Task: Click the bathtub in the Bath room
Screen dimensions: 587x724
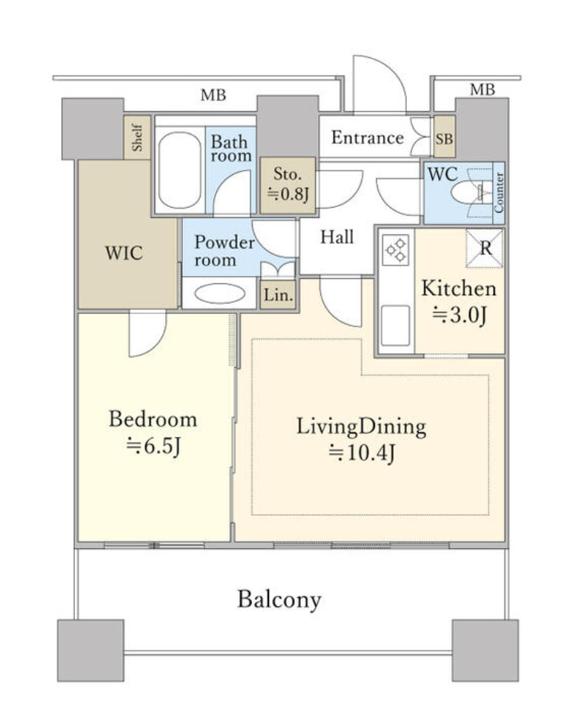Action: point(179,170)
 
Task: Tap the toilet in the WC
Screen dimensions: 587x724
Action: point(469,191)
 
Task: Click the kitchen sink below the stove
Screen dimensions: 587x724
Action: point(395,325)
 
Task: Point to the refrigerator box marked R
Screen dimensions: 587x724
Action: point(484,249)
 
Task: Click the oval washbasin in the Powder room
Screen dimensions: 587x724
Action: point(220,294)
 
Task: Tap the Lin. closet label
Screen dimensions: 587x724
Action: point(279,294)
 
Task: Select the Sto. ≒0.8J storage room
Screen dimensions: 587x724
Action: point(288,185)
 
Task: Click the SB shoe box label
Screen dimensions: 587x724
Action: point(445,138)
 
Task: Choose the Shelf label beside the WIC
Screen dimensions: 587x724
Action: point(137,137)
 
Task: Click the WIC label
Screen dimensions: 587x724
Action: point(124,252)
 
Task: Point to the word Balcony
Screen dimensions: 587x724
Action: point(279,600)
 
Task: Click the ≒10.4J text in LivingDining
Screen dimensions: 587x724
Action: point(362,452)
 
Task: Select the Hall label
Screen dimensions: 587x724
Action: point(337,237)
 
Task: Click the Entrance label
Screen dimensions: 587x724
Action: point(368,137)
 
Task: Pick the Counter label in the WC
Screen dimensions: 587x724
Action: point(499,192)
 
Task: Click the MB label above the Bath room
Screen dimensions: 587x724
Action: point(213,95)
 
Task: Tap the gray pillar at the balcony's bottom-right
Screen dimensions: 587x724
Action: point(485,650)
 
